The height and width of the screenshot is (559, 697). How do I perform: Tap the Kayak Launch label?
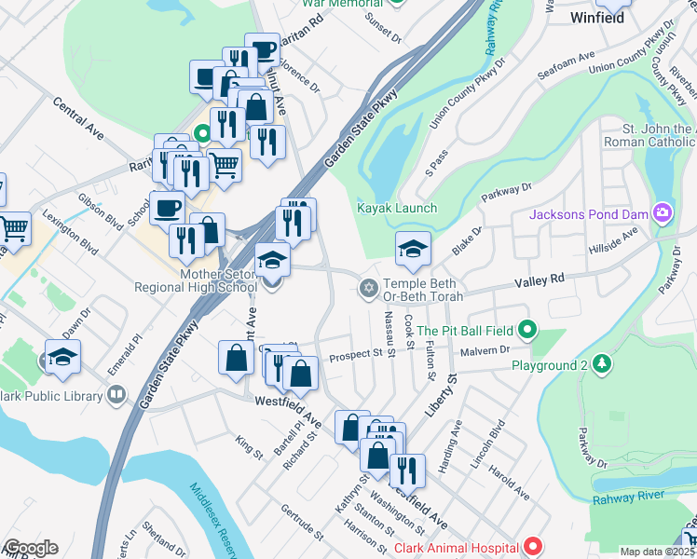[x=397, y=208]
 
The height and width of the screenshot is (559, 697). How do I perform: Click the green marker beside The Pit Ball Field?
[x=527, y=330]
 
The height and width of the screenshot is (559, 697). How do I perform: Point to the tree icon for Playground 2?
[x=603, y=362]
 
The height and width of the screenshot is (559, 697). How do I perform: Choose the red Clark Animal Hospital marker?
[x=532, y=547]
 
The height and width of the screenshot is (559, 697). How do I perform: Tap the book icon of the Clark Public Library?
[x=116, y=395]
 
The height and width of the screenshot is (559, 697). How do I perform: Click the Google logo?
[x=30, y=548]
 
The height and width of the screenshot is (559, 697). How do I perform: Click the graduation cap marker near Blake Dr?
[x=413, y=249]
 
